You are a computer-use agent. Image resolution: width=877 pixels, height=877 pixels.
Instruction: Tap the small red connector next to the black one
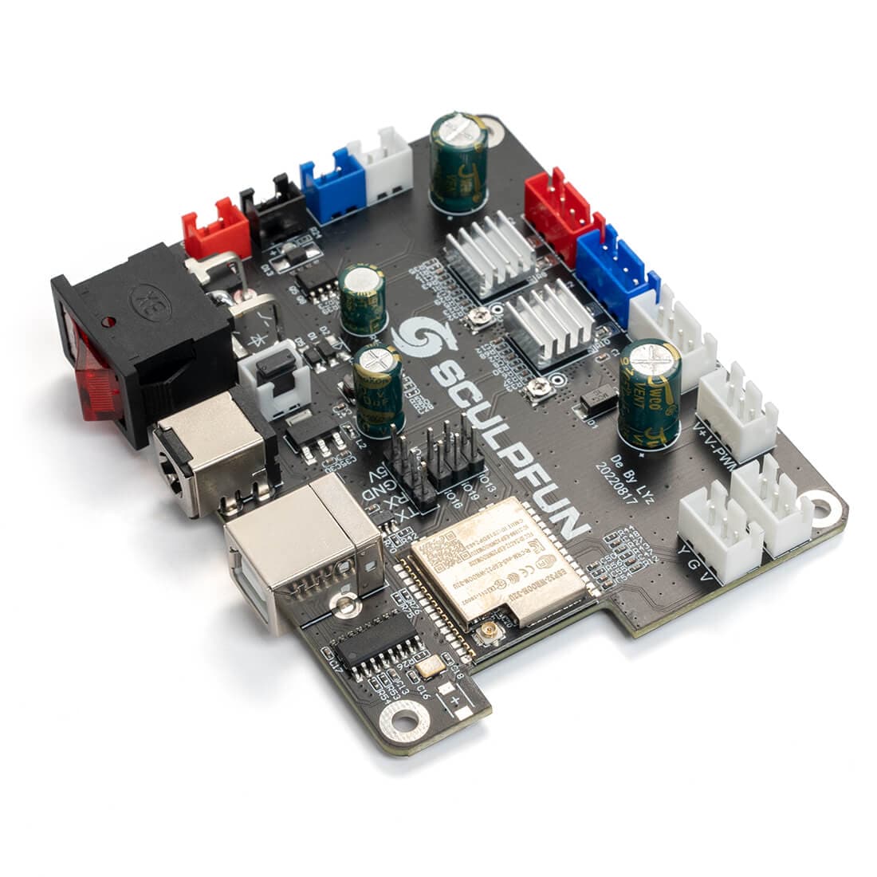pos(215,230)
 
